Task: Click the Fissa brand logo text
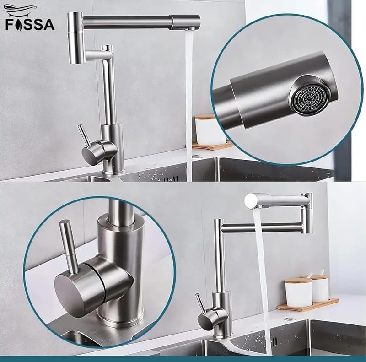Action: click(30, 25)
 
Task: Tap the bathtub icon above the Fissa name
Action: click(20, 10)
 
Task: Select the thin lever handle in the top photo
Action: click(84, 135)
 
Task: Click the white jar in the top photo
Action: click(210, 130)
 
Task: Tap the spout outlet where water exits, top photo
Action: click(191, 29)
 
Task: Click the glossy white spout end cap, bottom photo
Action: click(251, 200)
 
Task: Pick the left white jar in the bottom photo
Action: click(298, 292)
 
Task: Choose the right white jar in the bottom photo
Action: click(320, 288)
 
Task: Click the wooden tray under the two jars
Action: click(308, 304)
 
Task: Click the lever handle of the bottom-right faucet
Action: click(200, 303)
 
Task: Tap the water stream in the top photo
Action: click(189, 105)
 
